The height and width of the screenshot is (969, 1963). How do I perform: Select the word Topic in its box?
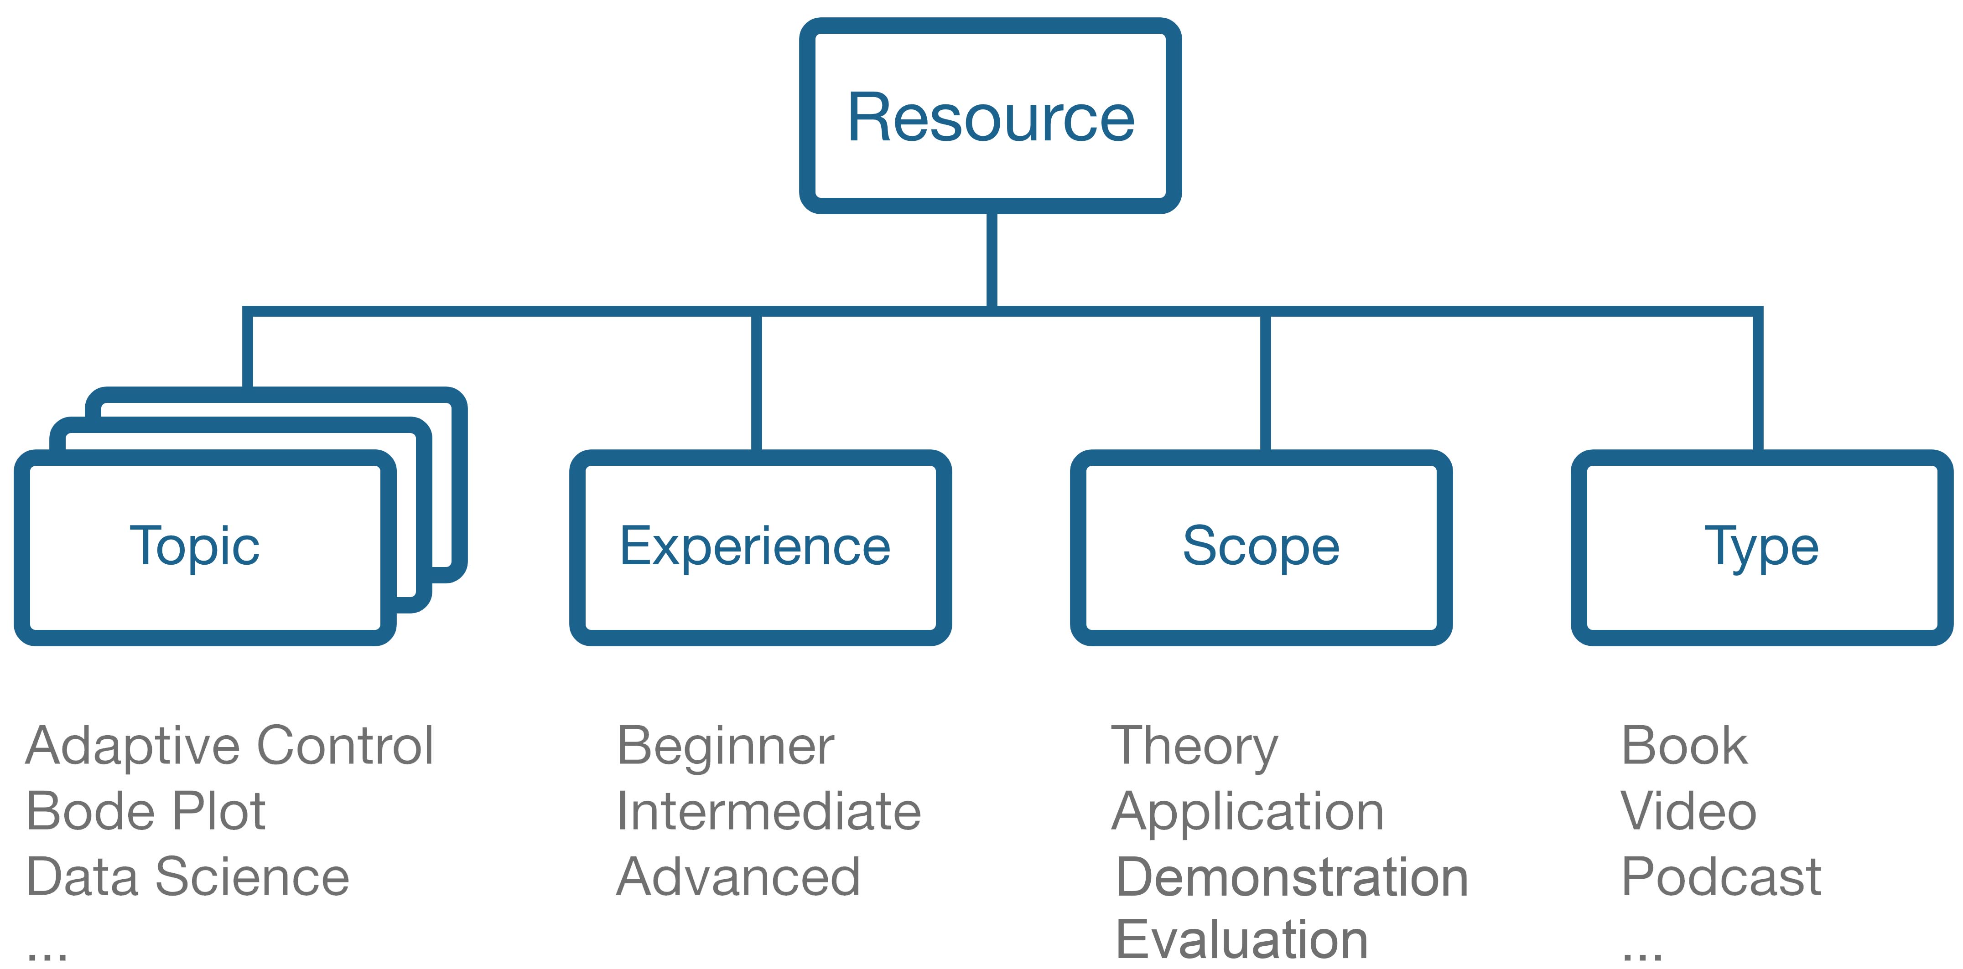[x=195, y=546]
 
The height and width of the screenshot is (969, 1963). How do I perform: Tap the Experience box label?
[x=755, y=546]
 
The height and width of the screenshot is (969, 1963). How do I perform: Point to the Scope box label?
[x=1261, y=546]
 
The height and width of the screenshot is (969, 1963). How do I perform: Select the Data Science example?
[x=187, y=877]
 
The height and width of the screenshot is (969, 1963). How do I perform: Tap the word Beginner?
[x=726, y=747]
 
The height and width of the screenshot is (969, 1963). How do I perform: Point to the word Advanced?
[x=738, y=877]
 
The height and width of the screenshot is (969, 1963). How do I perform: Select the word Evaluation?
[x=1242, y=939]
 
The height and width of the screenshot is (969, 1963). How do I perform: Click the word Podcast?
[x=1721, y=877]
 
